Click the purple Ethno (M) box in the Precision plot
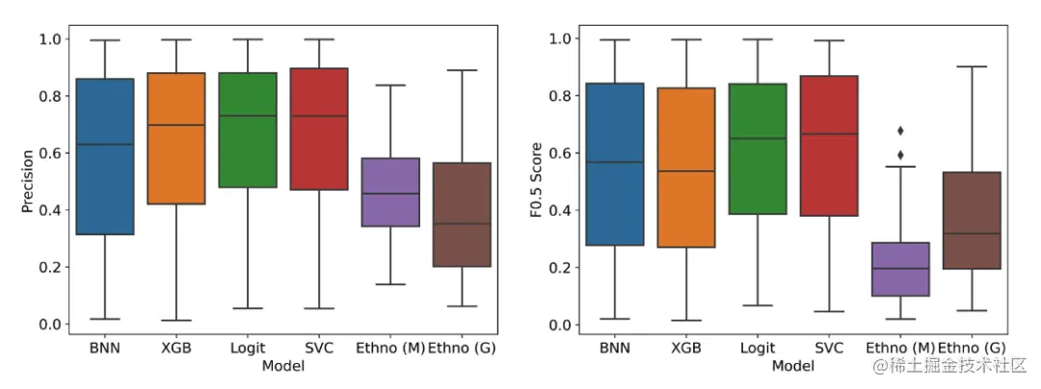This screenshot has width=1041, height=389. coord(389,192)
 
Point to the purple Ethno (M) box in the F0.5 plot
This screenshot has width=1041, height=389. coord(900,269)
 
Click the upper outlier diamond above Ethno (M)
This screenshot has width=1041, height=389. coord(900,130)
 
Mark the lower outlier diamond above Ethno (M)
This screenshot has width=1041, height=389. coord(900,154)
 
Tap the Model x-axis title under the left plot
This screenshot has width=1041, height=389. coord(282,366)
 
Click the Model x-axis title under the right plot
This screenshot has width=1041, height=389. coord(792,366)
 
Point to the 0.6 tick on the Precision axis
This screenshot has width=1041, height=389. coord(51,153)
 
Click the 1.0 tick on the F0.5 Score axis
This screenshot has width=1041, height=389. coord(560,39)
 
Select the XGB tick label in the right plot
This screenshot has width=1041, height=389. coord(686,348)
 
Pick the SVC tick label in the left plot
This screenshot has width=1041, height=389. coord(318,348)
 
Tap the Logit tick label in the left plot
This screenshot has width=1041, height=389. coord(248,348)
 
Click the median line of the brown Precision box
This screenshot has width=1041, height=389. coord(461,223)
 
